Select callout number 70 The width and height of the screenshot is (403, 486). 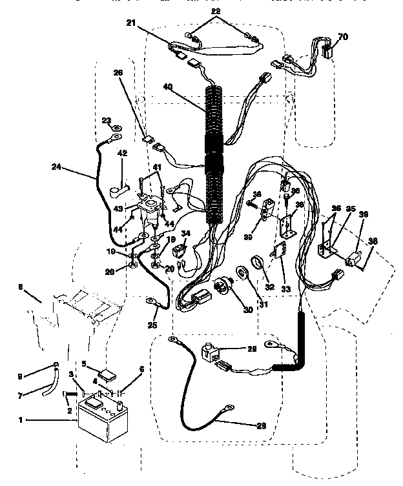pos(342,37)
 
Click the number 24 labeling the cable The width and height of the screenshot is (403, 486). pos(57,167)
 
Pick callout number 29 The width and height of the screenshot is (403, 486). pos(251,349)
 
